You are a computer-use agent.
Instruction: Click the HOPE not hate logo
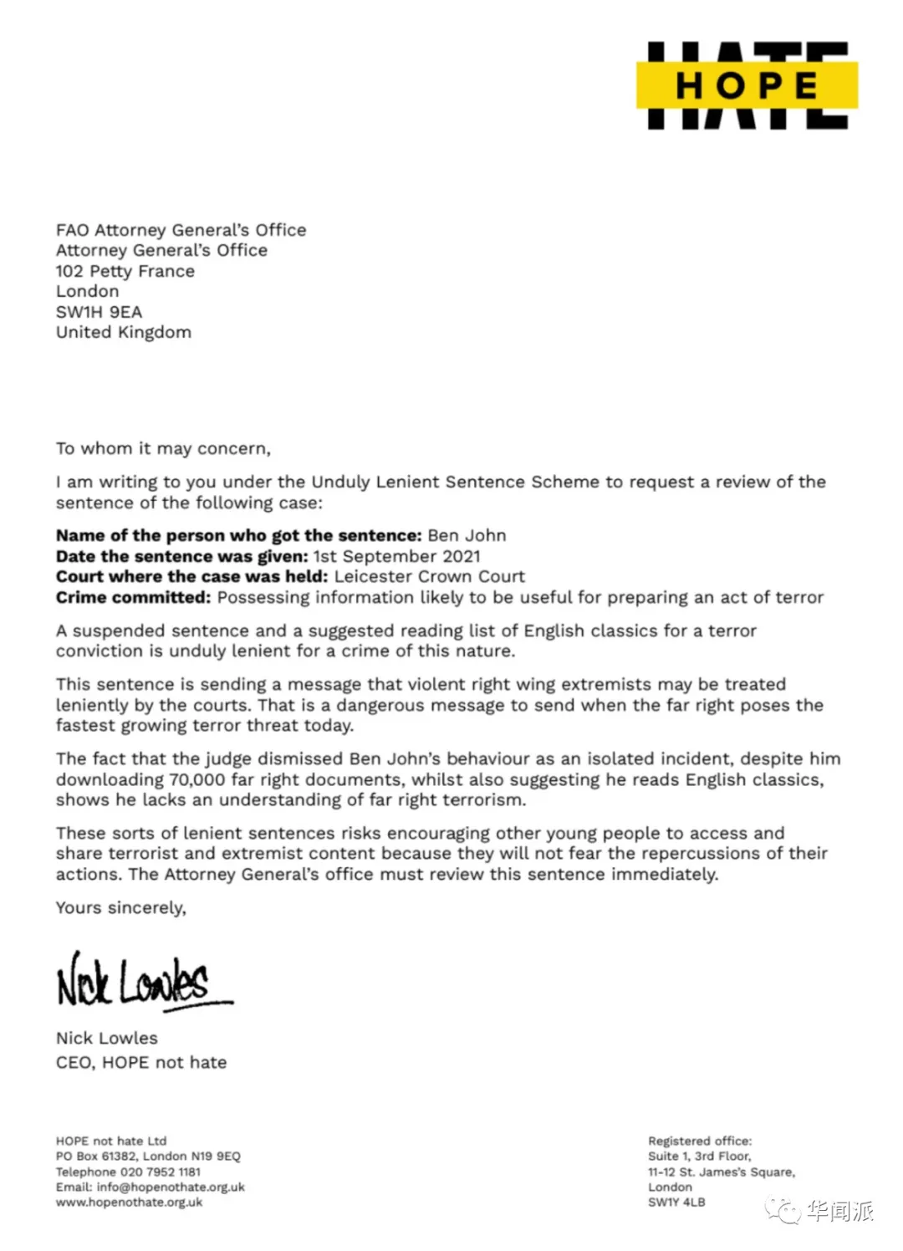coord(747,85)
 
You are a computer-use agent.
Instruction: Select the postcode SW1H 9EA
coord(99,312)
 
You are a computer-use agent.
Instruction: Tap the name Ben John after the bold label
coord(467,535)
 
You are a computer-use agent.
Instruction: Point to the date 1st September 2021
coord(397,556)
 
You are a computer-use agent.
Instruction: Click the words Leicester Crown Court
coord(429,576)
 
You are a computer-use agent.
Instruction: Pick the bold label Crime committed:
coord(133,597)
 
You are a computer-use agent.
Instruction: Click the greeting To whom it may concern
coord(163,449)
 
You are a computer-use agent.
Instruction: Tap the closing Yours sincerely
coord(121,908)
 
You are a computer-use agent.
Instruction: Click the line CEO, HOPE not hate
coord(141,1062)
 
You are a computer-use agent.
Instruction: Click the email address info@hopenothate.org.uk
coord(171,1187)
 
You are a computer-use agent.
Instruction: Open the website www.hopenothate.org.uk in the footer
coord(129,1202)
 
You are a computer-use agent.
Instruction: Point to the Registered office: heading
coord(700,1141)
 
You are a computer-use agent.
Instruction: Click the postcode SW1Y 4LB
coord(676,1202)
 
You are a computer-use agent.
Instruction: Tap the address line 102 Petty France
coord(125,271)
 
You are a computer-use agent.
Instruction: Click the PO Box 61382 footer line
coord(148,1156)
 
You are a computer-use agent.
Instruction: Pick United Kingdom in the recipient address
coord(124,332)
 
